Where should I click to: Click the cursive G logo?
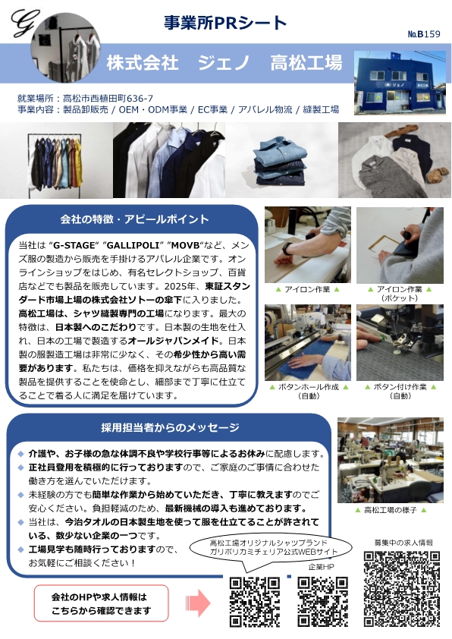pos(25,23)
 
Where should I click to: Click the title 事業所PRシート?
pos(225,23)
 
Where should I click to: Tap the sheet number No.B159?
pos(424,34)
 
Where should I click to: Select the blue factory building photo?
pos(400,82)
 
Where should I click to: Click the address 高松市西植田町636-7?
pos(108,98)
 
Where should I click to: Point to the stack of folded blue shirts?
pos(281,161)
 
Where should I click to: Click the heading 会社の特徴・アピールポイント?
pos(134,219)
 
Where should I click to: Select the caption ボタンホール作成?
pos(308,387)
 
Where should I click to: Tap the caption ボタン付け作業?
pos(400,387)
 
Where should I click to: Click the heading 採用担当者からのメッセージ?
pos(170,427)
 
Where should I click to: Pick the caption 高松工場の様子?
pos(390,510)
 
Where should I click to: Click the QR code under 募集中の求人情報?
pos(401,589)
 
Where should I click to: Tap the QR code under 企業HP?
pos(322,602)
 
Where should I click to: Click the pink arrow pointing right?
pos(198,603)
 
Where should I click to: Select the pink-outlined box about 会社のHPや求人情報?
pos(101,603)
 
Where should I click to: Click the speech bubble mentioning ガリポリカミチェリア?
pos(271,547)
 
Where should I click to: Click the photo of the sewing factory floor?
pos(390,460)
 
